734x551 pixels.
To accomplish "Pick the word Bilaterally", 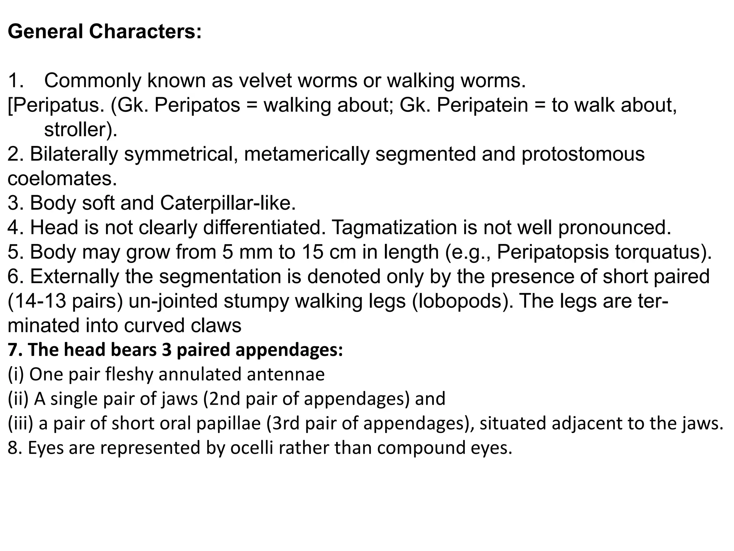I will (74, 154).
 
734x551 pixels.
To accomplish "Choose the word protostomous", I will (583, 154).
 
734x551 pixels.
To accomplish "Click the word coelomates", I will (62, 179).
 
